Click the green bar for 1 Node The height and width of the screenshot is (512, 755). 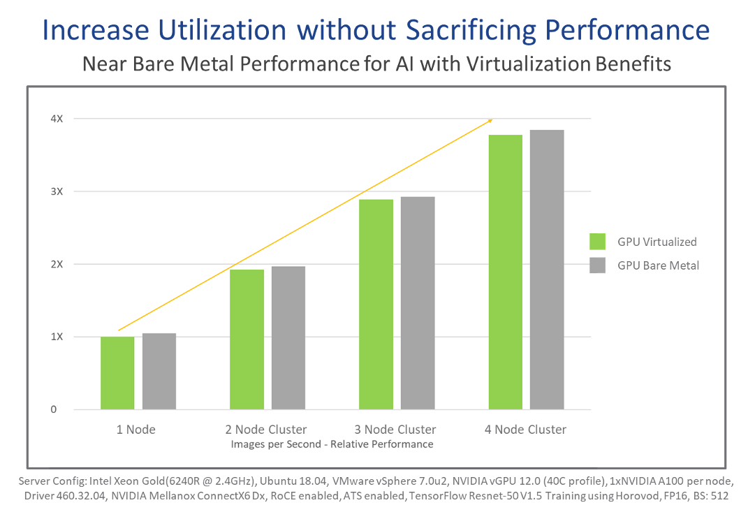pos(117,373)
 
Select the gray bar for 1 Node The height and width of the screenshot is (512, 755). pos(159,371)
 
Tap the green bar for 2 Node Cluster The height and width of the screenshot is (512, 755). pos(247,339)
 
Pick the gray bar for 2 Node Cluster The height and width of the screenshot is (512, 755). pos(288,337)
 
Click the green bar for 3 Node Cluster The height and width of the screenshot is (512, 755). pos(376,305)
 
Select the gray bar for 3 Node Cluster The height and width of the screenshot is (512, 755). pos(418,303)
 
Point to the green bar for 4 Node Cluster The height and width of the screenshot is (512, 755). pos(506,272)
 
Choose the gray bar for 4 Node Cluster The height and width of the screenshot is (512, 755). pos(547,270)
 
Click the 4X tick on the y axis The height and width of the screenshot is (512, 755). pos(56,119)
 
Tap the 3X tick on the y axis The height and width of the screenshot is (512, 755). pos(56,191)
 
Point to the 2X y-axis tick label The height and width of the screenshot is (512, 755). pos(56,264)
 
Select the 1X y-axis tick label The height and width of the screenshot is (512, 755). pos(56,337)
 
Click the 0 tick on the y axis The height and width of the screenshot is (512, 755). pos(53,409)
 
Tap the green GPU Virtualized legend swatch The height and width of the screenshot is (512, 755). pos(597,241)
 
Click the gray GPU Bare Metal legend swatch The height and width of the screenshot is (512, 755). pos(597,265)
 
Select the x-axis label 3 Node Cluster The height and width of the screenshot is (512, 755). pos(397,429)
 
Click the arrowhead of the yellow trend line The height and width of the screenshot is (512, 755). pos(490,120)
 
